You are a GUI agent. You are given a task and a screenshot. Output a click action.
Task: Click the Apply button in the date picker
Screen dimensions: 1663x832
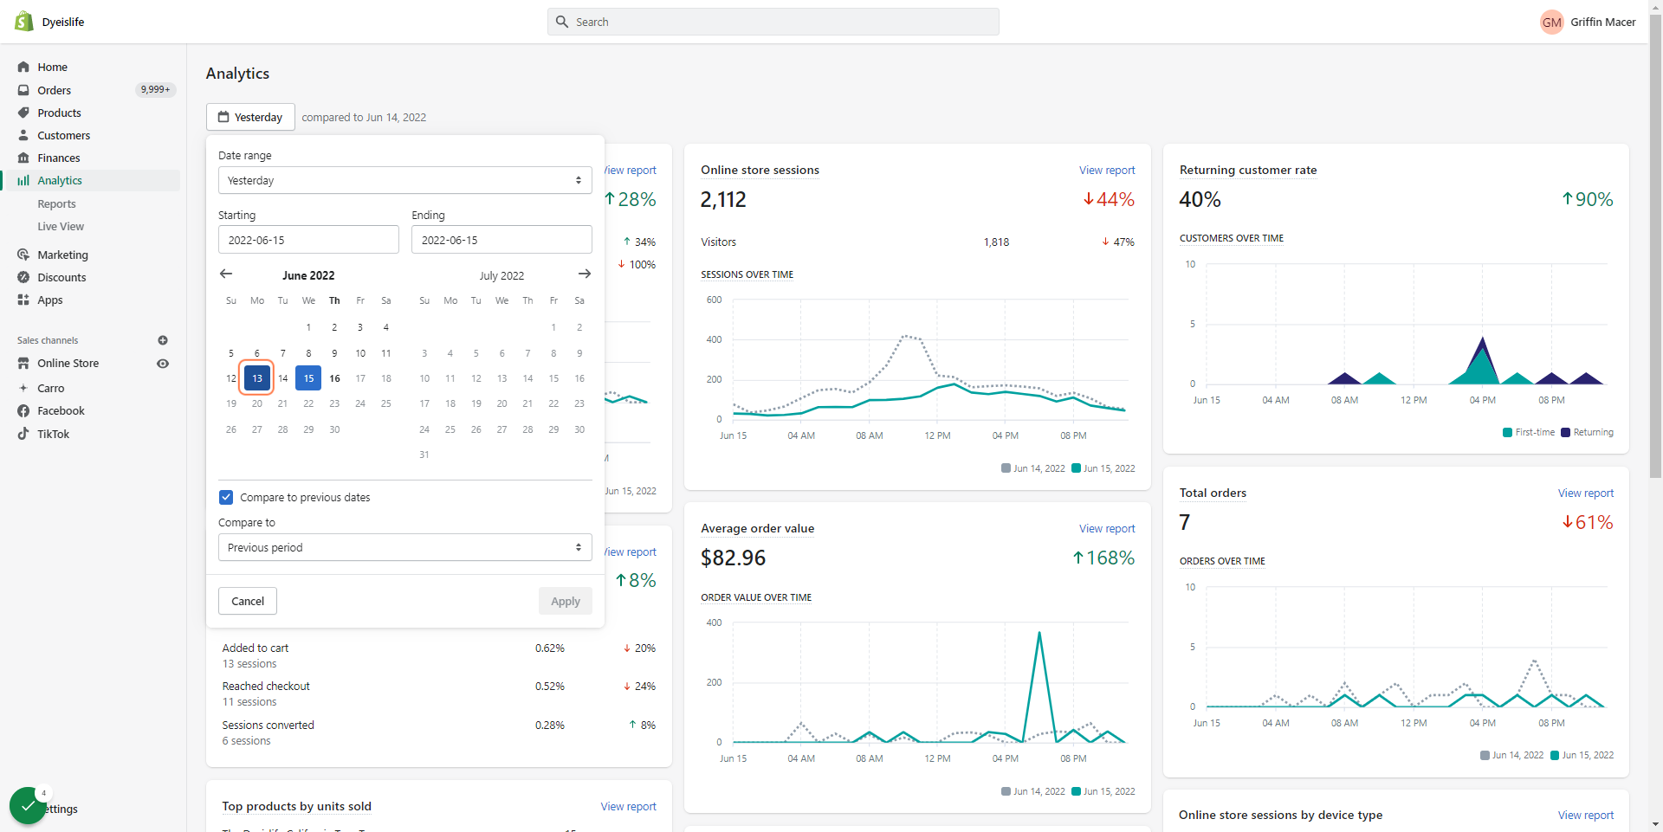(566, 601)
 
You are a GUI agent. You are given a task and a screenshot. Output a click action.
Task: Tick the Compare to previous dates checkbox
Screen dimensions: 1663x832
(226, 497)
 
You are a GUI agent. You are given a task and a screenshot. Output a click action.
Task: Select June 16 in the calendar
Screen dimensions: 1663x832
(334, 378)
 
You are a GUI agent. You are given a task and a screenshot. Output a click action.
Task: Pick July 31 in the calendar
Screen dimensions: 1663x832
(424, 455)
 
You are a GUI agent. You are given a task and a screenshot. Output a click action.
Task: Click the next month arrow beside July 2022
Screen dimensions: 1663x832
(585, 274)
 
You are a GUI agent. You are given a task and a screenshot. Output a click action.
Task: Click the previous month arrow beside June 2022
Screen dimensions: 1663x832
(226, 274)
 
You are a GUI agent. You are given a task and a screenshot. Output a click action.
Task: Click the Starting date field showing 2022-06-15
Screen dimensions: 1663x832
(308, 240)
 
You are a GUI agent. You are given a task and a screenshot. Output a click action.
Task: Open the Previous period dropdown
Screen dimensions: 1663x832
(405, 547)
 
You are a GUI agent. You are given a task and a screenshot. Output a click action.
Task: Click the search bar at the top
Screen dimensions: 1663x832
(773, 22)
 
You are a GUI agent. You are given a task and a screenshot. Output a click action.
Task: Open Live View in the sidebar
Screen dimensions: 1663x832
(61, 227)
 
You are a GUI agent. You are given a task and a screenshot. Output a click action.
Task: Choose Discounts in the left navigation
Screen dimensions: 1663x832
(61, 278)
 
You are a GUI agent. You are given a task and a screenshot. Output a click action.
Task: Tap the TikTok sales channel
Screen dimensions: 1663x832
(53, 435)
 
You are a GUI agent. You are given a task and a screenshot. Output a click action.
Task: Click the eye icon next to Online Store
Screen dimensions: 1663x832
(163, 364)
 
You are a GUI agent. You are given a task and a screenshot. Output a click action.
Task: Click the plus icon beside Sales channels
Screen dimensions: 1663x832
(163, 340)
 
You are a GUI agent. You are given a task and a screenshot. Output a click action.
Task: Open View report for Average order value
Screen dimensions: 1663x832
(1107, 529)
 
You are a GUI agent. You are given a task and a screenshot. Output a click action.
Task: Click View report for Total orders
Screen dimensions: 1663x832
(1586, 493)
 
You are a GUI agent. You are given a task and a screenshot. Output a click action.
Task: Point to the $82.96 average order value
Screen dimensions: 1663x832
(734, 558)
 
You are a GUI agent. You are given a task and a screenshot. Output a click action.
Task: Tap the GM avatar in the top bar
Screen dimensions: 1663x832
(1552, 23)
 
